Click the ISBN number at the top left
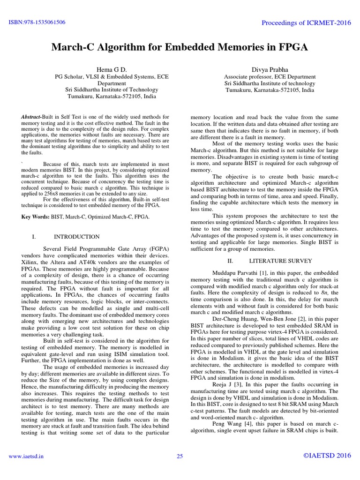pos(36,22)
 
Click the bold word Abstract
pos(32,116)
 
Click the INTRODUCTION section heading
pos(76,237)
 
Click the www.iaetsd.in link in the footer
pos(23,456)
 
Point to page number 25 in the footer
pos(180,456)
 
